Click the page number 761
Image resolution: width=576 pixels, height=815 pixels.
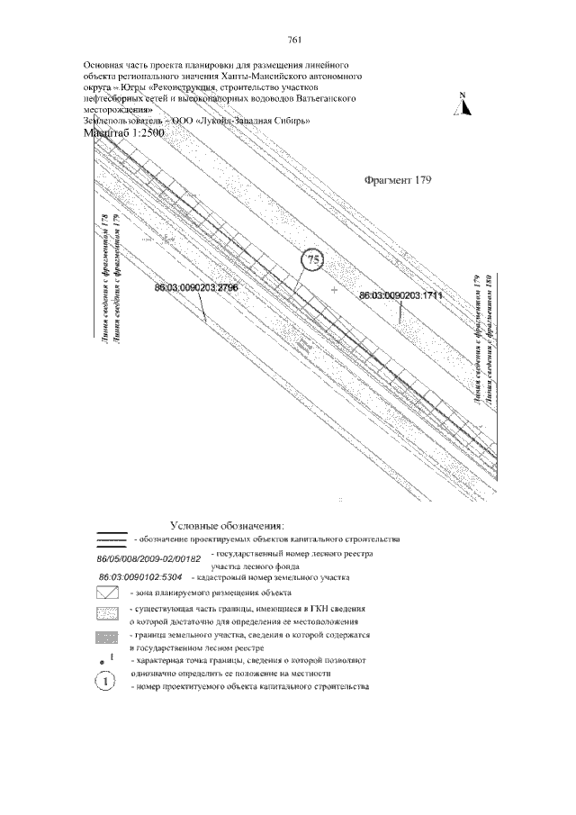tap(292, 39)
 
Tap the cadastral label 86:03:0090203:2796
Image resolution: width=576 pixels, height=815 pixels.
tap(195, 286)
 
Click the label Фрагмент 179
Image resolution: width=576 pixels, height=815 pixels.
tap(399, 179)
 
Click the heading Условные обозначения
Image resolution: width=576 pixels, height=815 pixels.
tap(227, 525)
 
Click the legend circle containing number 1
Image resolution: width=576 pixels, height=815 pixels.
tap(106, 681)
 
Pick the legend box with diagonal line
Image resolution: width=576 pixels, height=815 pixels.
tap(109, 593)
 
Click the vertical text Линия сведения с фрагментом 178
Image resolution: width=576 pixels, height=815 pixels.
tap(105, 279)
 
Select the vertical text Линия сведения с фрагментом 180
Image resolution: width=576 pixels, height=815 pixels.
tap(491, 338)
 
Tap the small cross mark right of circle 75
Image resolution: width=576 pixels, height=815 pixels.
tap(334, 291)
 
